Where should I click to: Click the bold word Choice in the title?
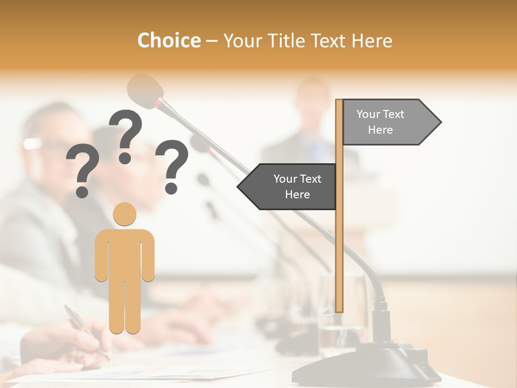[x=169, y=40]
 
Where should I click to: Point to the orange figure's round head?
[x=124, y=214]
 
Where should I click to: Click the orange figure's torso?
[x=124, y=253]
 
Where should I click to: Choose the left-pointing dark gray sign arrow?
[x=289, y=186]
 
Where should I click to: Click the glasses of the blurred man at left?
[x=40, y=144]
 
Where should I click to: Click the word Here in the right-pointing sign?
[x=380, y=130]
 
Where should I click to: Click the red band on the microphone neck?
[x=159, y=102]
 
